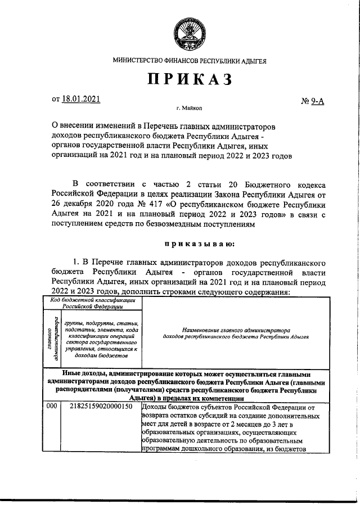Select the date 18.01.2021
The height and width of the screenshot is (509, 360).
[x=82, y=99]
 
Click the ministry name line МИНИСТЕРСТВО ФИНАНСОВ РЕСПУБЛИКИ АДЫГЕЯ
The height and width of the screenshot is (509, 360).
[x=190, y=60]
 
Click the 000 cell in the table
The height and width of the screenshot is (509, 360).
[x=52, y=407]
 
